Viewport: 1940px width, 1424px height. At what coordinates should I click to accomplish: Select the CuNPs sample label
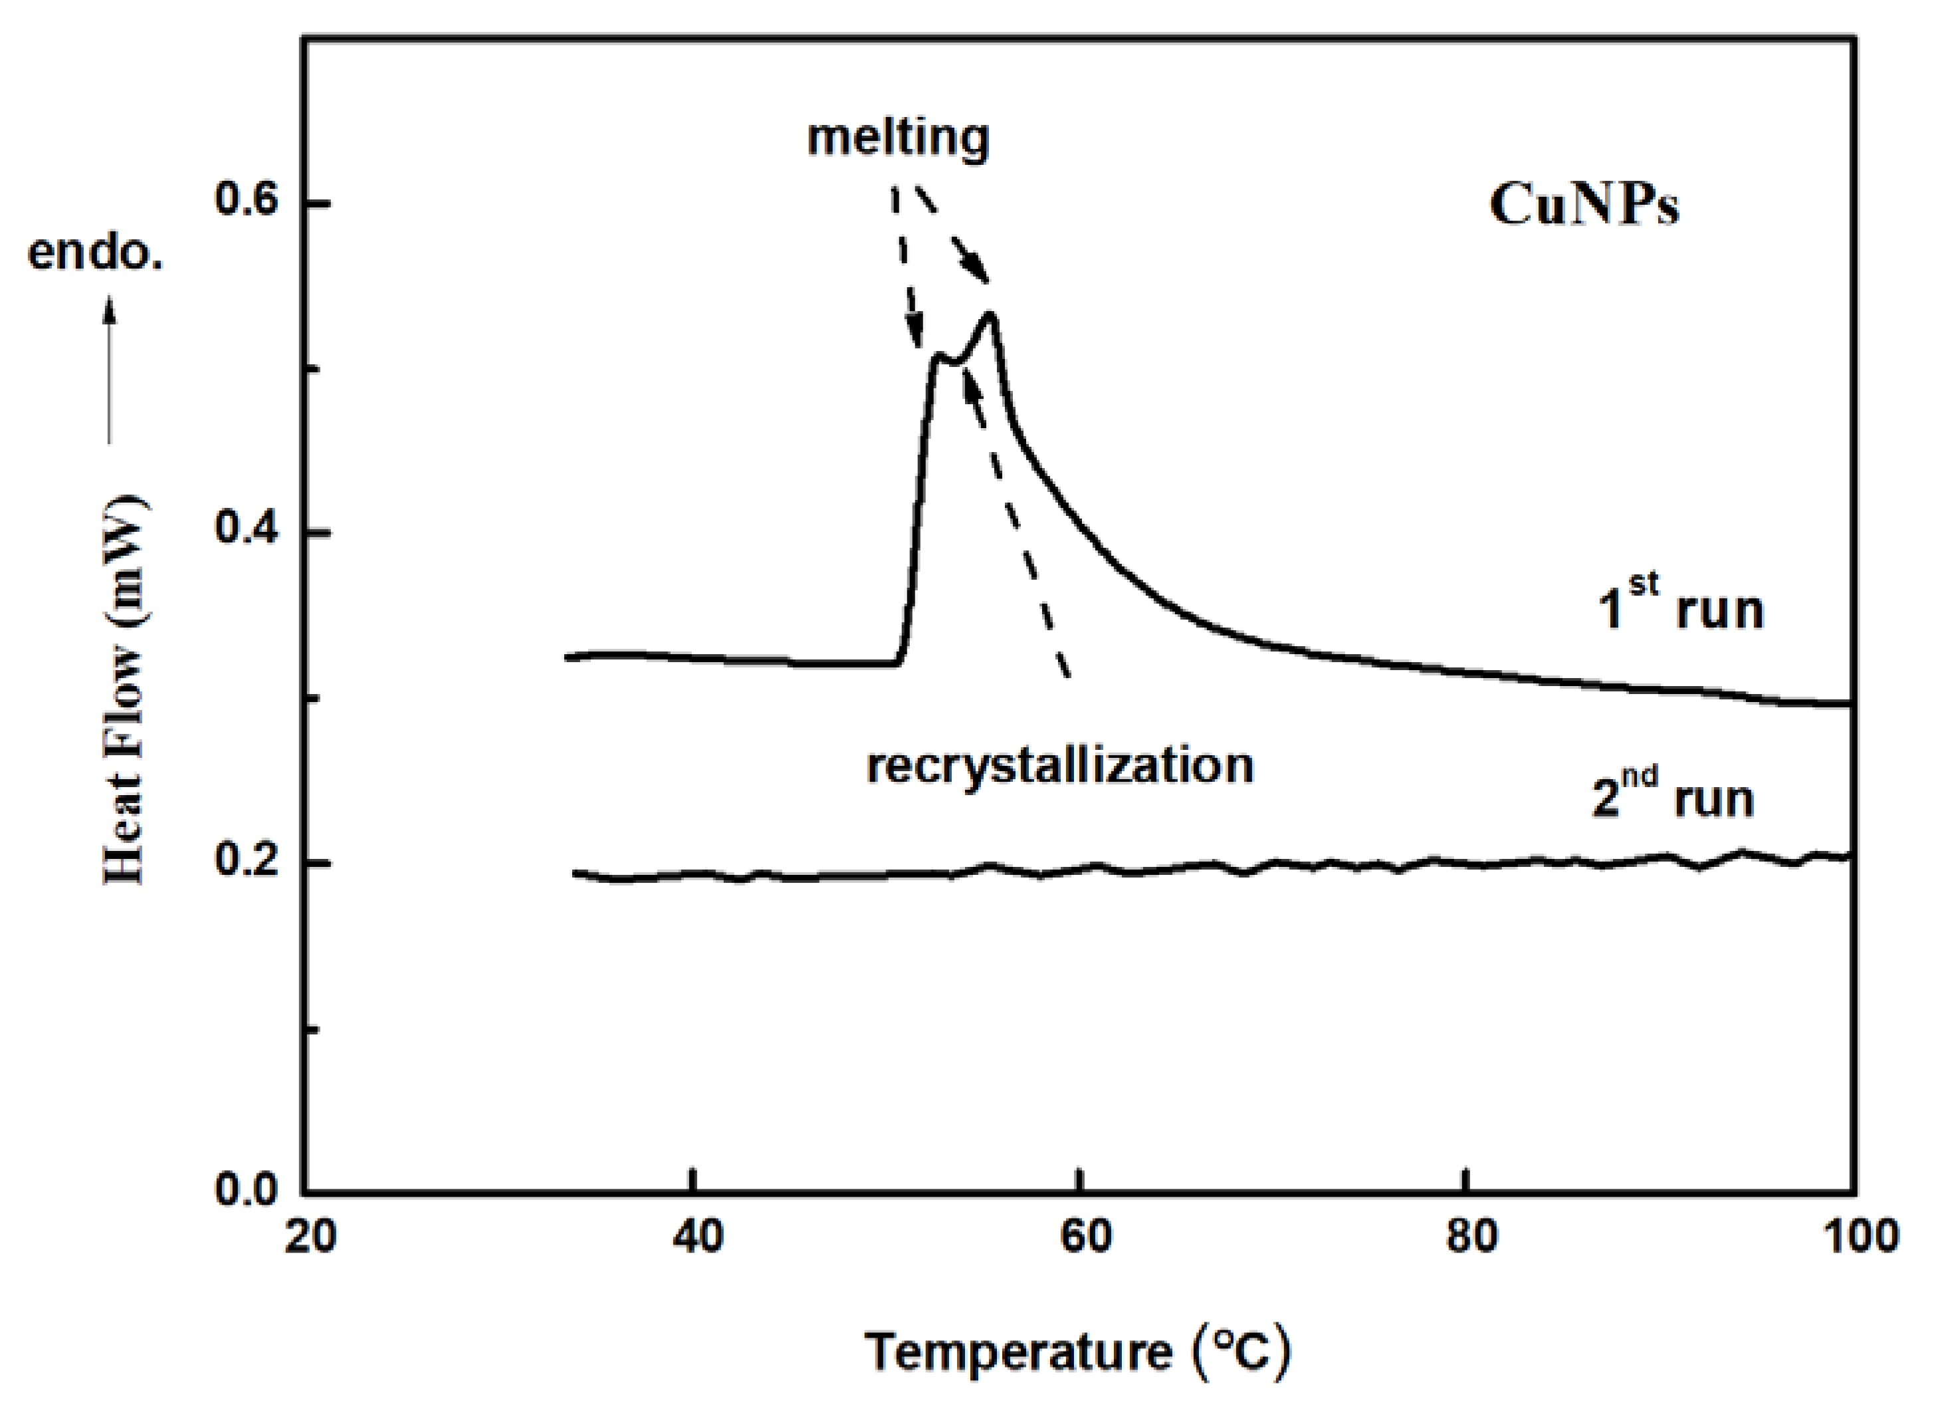[1584, 207]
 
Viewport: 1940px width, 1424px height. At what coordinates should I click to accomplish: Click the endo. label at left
[95, 253]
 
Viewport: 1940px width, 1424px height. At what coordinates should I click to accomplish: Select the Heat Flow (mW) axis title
[123, 689]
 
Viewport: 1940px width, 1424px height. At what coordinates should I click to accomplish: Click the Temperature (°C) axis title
[1078, 1352]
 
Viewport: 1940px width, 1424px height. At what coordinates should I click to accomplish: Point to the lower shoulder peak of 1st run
[938, 354]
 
